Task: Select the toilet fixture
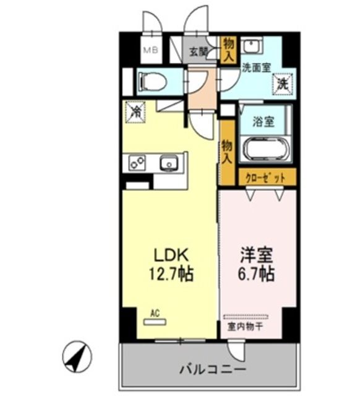(152, 81)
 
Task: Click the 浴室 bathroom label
(264, 121)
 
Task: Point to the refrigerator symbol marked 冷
(135, 111)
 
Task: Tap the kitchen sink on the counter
(168, 163)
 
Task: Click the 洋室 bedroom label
(256, 255)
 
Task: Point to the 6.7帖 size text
(256, 273)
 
